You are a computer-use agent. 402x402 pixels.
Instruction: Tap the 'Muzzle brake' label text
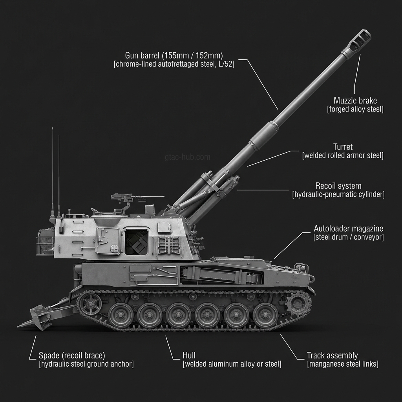tap(355, 100)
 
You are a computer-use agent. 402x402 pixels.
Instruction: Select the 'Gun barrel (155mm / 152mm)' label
tap(174, 55)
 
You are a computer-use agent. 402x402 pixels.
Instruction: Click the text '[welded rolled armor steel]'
tap(342, 156)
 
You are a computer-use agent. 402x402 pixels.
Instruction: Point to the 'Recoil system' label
tap(338, 186)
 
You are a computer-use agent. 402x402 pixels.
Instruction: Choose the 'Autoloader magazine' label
tap(348, 228)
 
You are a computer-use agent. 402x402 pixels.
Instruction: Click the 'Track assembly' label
tap(332, 356)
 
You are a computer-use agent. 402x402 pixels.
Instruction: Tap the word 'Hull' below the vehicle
tap(189, 356)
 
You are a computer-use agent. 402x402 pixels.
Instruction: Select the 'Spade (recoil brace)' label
tap(72, 356)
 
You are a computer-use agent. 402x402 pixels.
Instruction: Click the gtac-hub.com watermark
tap(187, 157)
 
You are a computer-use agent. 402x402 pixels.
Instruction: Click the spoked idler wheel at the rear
tap(91, 303)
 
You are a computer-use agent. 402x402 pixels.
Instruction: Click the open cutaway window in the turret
tap(136, 242)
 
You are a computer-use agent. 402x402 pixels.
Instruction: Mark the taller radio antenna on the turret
tap(52, 173)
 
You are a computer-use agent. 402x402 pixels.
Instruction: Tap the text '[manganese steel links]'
tap(342, 364)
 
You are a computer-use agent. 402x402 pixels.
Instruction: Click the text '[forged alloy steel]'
tap(355, 110)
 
